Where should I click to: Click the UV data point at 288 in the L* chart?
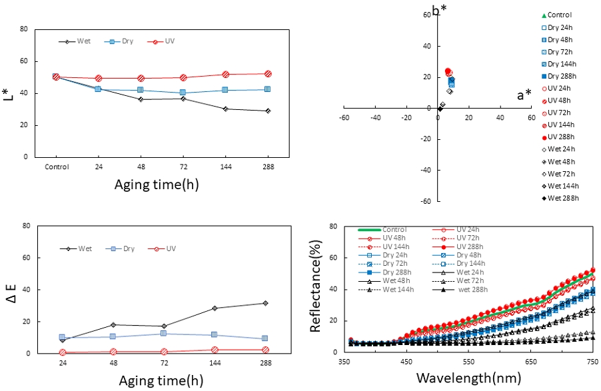click(x=268, y=74)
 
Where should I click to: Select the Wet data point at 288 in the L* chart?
click(x=268, y=111)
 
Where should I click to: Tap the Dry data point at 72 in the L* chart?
click(x=183, y=93)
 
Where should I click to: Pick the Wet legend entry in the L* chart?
click(x=77, y=41)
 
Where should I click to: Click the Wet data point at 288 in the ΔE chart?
click(x=265, y=303)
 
